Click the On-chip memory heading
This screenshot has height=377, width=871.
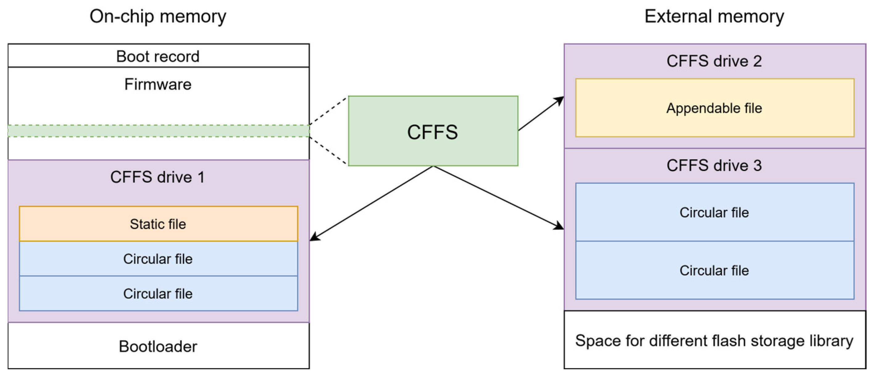tap(158, 16)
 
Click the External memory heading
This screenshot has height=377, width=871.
tap(714, 16)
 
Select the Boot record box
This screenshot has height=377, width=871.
tap(158, 56)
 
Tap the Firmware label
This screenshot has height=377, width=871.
tap(158, 84)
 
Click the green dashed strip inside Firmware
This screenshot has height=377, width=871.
tap(158, 131)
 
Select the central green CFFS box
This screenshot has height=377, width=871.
tap(433, 131)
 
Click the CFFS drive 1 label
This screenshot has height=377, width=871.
tap(158, 177)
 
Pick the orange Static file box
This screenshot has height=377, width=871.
tap(158, 224)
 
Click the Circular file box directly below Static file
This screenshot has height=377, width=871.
tap(158, 259)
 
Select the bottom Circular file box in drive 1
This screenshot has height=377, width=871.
tap(158, 294)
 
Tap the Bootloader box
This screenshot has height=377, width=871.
tap(158, 346)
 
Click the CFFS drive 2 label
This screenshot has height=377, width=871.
tap(714, 61)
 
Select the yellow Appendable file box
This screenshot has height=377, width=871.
tap(715, 108)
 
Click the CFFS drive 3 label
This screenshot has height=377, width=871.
tap(714, 165)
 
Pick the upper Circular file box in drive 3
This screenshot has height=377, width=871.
tap(715, 212)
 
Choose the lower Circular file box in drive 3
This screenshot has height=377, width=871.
tap(715, 270)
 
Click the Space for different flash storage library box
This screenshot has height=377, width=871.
tap(715, 340)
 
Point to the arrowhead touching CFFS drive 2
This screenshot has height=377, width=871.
tap(560, 100)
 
